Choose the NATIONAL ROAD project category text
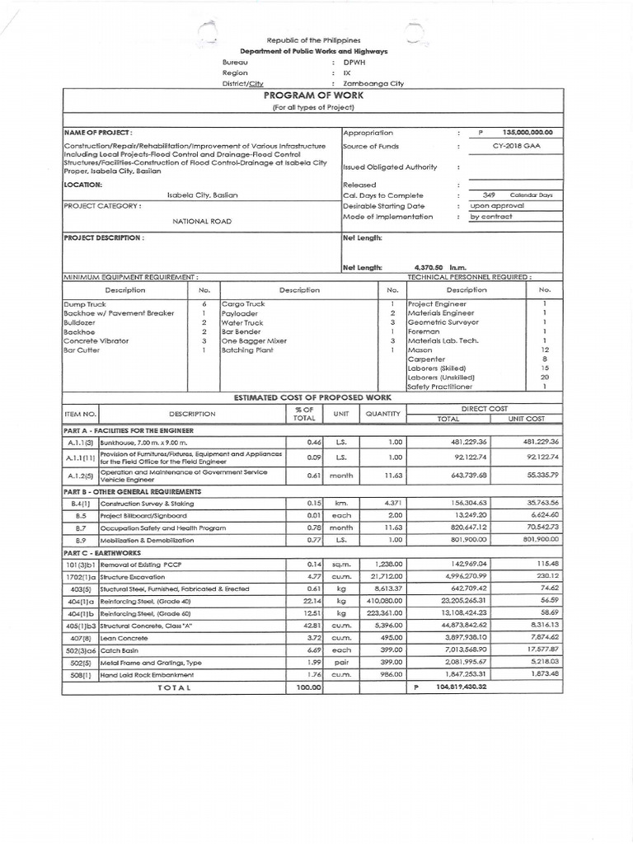pos(202,222)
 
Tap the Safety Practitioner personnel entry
pos(440,386)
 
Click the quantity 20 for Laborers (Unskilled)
pos(544,377)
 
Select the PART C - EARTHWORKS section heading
pos(102,552)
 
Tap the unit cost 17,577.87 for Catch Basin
pos(541,649)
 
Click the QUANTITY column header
pos(382,413)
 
